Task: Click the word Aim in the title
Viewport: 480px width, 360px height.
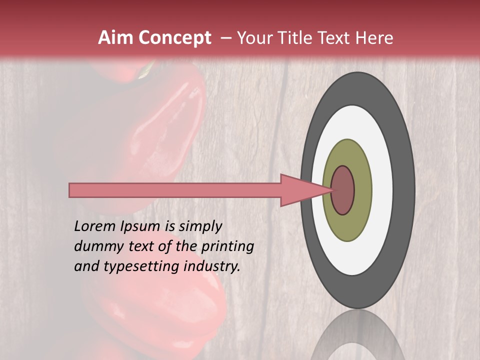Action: pyautogui.click(x=115, y=38)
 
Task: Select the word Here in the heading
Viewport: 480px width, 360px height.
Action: pyautogui.click(x=374, y=38)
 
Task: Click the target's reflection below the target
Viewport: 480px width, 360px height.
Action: pyautogui.click(x=357, y=335)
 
